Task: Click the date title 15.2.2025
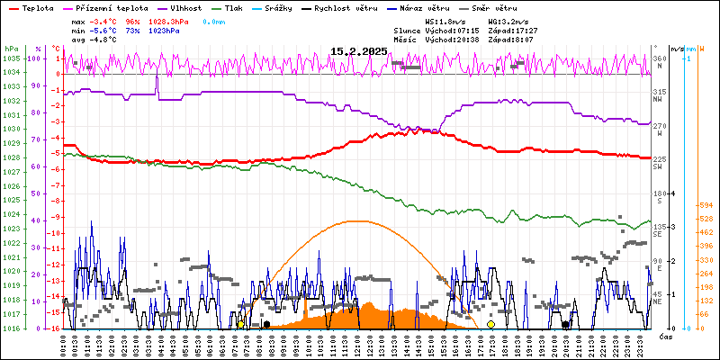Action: coord(358,51)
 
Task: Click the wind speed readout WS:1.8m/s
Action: coord(446,20)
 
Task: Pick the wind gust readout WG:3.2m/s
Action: coord(508,20)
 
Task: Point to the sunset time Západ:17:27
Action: coord(513,30)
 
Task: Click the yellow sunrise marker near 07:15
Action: coord(240,324)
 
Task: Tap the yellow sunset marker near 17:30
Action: coord(490,324)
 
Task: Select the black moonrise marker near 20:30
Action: coord(565,324)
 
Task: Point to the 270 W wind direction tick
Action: coord(659,126)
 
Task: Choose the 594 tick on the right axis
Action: coord(706,204)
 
